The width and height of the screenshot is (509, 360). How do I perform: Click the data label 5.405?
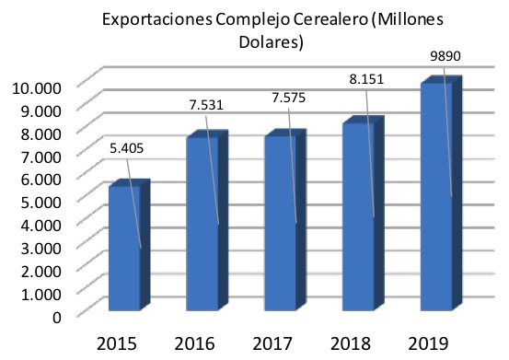click(x=127, y=148)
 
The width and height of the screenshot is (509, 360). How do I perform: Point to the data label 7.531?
click(x=206, y=105)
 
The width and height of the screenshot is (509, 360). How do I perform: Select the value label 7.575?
click(x=289, y=98)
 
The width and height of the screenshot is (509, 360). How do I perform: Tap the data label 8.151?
click(x=366, y=79)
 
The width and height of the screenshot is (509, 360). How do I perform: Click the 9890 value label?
click(x=445, y=56)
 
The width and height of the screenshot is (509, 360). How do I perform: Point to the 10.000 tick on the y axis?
click(x=37, y=88)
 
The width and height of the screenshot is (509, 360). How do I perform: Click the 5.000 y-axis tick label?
click(x=40, y=203)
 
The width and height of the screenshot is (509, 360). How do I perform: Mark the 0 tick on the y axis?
click(x=57, y=317)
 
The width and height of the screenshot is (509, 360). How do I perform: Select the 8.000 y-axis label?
click(x=40, y=134)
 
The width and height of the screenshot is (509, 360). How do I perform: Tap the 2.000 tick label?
click(x=40, y=271)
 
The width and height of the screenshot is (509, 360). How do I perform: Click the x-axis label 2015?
click(x=117, y=343)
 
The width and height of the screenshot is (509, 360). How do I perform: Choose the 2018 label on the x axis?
click(x=351, y=343)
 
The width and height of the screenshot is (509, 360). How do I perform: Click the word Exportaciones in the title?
click(x=157, y=19)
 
